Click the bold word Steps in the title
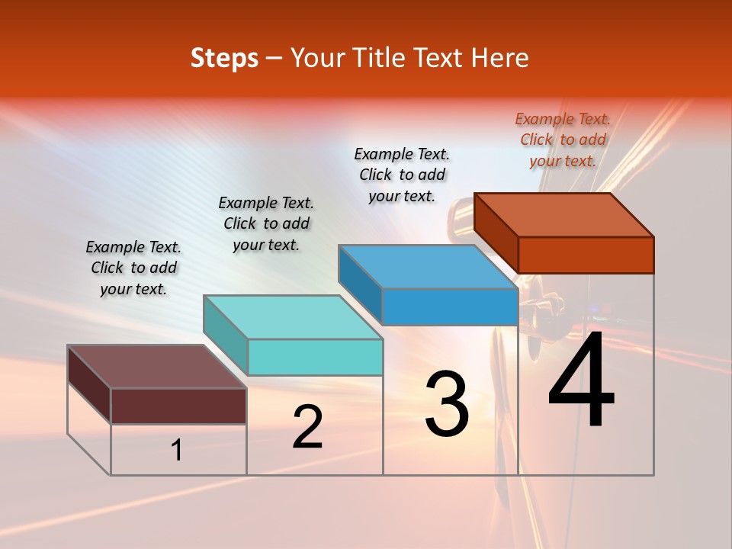tap(224, 58)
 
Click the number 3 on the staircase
tap(446, 404)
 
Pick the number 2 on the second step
tap(307, 427)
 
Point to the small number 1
tap(177, 450)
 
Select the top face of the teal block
tap(293, 317)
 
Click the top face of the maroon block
tap(157, 367)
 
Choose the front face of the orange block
tap(586, 255)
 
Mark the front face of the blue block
tap(450, 307)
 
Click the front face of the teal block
tap(315, 358)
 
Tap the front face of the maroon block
tap(178, 406)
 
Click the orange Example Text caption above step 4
tap(563, 140)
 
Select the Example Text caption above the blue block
tap(402, 175)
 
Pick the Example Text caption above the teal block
tap(266, 223)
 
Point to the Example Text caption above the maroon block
tap(133, 268)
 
